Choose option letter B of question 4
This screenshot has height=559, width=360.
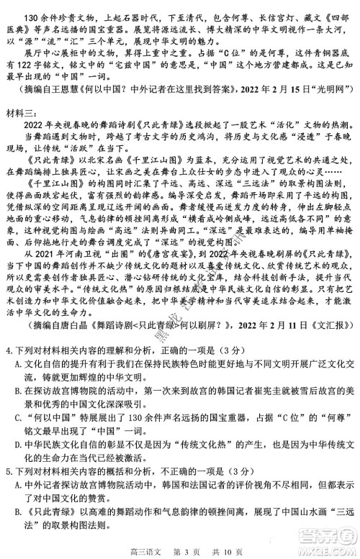point(19,391)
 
